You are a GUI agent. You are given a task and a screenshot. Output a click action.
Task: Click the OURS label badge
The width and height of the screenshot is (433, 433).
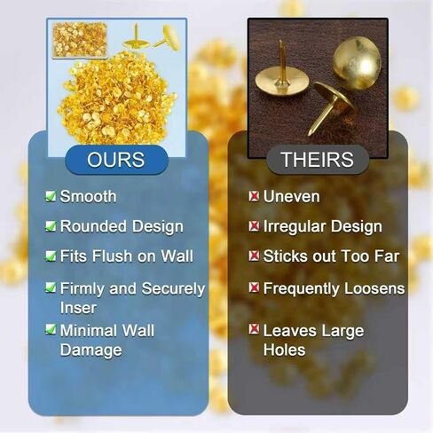[x=116, y=160]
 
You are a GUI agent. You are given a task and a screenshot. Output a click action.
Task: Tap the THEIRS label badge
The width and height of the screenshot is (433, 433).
[x=318, y=160]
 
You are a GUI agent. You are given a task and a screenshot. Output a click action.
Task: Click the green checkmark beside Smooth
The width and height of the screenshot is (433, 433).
[x=51, y=196]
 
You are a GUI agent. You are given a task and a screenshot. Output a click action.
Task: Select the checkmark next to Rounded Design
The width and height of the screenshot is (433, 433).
[x=51, y=226]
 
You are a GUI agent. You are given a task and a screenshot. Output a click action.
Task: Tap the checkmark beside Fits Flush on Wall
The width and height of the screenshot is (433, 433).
[x=51, y=256]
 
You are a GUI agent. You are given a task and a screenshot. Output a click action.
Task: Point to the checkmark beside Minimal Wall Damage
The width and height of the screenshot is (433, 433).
[x=51, y=329]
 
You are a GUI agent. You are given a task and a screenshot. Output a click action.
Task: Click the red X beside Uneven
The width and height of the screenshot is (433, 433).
[x=254, y=196]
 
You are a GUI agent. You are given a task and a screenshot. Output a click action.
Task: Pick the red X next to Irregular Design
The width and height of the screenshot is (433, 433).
[x=254, y=226]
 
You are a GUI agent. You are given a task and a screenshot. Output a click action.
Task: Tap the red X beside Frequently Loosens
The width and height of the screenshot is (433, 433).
[x=254, y=287]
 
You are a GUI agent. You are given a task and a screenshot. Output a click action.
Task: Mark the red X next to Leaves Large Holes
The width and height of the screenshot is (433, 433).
[x=254, y=329]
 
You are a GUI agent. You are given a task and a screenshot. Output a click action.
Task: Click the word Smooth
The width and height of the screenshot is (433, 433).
[x=88, y=196]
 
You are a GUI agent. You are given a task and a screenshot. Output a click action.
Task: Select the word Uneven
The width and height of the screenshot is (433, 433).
[x=291, y=196]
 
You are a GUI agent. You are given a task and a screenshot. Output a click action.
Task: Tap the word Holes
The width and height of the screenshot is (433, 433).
[x=284, y=350]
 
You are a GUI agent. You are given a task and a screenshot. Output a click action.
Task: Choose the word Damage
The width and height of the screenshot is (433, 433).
[x=91, y=350]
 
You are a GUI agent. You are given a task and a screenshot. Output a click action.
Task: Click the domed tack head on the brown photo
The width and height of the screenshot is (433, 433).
[x=357, y=63]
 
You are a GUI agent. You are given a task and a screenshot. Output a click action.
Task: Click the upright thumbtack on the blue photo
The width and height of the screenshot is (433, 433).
[x=136, y=37]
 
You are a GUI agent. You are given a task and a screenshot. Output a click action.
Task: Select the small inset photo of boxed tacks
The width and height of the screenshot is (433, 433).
[x=80, y=40]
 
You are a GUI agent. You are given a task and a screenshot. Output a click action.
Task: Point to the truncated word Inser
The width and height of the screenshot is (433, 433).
[x=78, y=308]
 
